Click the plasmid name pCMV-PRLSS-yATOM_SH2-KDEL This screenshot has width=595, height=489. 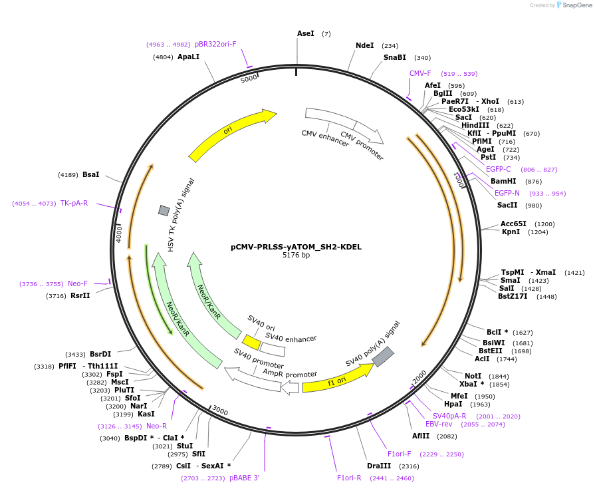[x=296, y=246]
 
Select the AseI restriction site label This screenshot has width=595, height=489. [x=306, y=33]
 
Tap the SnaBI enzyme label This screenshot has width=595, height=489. [x=394, y=58]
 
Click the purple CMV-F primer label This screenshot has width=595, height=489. [x=420, y=73]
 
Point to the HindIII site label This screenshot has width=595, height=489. [x=475, y=125]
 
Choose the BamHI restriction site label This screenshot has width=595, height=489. [x=503, y=181]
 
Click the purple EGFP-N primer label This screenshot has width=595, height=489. [x=507, y=193]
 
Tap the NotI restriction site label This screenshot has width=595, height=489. [x=473, y=376]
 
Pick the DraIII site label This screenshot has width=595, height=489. [x=379, y=466]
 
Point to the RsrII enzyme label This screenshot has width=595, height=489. [x=80, y=295]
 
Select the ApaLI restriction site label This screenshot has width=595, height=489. [x=188, y=57]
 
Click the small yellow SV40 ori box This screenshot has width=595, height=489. [x=251, y=342]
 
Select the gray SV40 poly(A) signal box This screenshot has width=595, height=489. [x=383, y=357]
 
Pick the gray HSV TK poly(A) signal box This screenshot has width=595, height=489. [x=164, y=210]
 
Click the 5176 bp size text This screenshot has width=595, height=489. [x=296, y=255]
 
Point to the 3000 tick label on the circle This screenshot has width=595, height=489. [x=220, y=412]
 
